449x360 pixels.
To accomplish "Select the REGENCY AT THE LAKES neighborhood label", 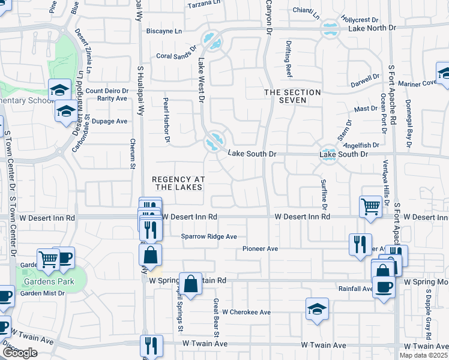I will pyautogui.click(x=178, y=184).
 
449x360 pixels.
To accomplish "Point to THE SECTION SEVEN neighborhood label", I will pyautogui.click(x=292, y=96).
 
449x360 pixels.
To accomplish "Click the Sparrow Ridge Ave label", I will pyautogui.click(x=209, y=236).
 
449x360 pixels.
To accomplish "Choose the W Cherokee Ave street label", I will pyautogui.click(x=246, y=313).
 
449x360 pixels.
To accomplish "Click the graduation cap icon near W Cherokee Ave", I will pyautogui.click(x=317, y=309).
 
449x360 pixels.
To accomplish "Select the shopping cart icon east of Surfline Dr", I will pyautogui.click(x=371, y=206).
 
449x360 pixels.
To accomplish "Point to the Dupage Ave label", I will pyautogui.click(x=113, y=121).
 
